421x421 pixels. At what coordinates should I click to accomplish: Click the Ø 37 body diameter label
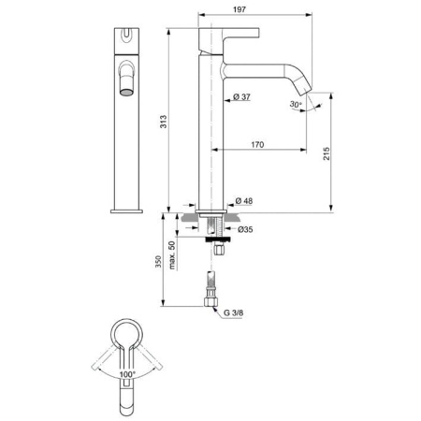(238, 97)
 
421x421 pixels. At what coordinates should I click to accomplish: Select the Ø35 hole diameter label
(246, 229)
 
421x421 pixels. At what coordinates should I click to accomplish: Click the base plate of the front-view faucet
(124, 210)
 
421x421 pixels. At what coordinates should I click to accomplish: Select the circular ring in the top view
(128, 335)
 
